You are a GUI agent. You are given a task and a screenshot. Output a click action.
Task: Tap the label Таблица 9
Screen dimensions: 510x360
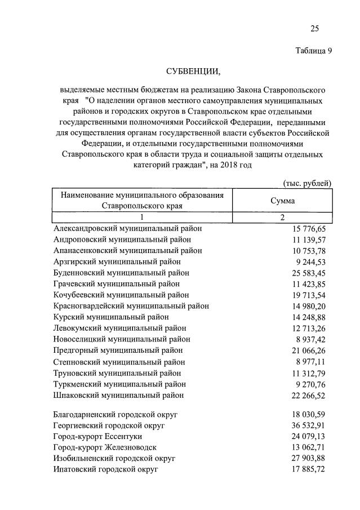coord(314,51)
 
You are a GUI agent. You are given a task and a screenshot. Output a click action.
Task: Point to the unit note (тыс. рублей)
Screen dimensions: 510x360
coord(306,183)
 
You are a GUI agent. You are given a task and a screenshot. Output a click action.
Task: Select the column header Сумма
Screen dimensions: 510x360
coord(282,201)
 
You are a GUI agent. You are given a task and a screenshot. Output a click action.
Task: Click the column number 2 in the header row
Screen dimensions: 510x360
coord(282,218)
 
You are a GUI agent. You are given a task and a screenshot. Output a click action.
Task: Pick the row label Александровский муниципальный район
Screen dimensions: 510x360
coord(128,229)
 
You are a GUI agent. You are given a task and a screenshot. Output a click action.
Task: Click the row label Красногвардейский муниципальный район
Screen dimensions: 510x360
coord(131,306)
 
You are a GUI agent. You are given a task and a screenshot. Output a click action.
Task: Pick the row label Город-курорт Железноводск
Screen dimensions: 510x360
coord(105,447)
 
